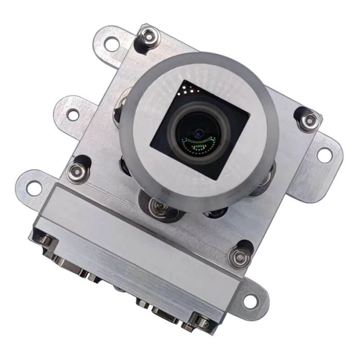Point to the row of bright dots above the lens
189,90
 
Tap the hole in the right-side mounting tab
323,154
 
